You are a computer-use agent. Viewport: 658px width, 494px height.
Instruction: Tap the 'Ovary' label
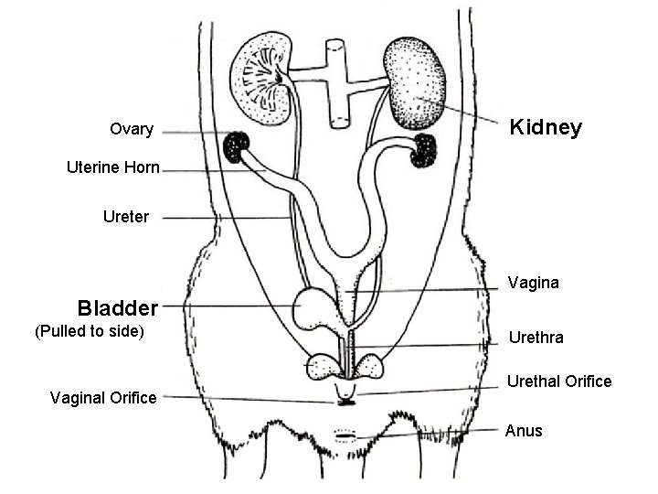(x=132, y=129)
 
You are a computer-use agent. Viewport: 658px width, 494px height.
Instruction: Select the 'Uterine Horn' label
(x=113, y=167)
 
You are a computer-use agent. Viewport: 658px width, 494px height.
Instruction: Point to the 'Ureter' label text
(x=126, y=218)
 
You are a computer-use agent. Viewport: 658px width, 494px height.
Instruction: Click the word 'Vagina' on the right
(x=533, y=283)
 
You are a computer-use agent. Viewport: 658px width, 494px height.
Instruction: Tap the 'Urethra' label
(x=536, y=338)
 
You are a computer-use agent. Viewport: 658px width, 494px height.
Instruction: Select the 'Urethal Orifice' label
(x=559, y=381)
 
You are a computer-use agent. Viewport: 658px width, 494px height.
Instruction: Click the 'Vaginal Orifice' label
(x=103, y=397)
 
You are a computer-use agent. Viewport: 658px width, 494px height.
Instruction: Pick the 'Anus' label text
(x=524, y=430)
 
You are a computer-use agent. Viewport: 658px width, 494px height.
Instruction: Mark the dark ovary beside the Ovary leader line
(x=239, y=145)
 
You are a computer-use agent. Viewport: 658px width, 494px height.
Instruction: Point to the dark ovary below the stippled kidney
(x=426, y=150)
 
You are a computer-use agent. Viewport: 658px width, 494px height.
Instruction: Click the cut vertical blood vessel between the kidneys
(x=335, y=81)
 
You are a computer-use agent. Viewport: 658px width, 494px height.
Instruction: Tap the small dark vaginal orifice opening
(x=345, y=400)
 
